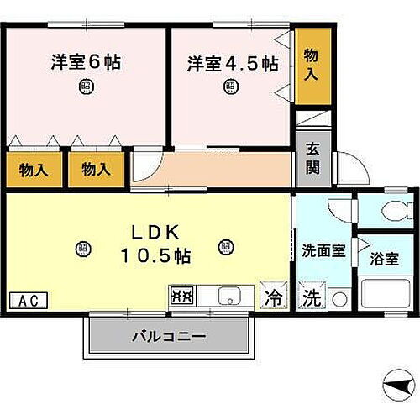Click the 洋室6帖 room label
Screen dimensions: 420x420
86,63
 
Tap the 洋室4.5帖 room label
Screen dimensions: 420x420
232,63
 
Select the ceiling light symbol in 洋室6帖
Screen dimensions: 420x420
86,85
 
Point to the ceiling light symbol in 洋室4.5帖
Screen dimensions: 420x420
230,85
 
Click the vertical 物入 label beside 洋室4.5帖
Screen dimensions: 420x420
310,65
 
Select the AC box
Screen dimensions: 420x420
28,299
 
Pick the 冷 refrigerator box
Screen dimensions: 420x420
273,296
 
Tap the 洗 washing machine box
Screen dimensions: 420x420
311,296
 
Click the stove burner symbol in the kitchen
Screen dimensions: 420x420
182,295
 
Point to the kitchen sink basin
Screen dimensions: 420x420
228,295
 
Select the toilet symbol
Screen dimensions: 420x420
391,211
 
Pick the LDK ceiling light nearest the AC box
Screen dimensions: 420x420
81,247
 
